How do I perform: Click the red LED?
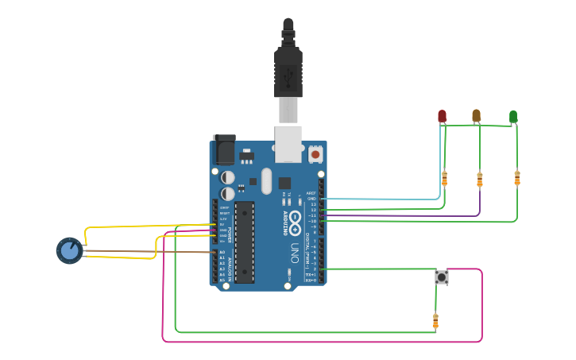(x=442, y=116)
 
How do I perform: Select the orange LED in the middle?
(x=476, y=116)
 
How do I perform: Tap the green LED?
(x=513, y=117)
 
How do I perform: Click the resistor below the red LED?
(x=444, y=179)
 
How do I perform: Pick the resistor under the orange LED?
(x=479, y=180)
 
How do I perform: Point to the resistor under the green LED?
(x=517, y=178)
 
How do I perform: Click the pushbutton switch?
(x=441, y=277)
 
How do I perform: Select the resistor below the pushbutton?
(x=435, y=321)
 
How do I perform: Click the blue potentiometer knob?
(x=70, y=250)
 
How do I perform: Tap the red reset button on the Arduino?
(x=315, y=153)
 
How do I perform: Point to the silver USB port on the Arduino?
(x=288, y=143)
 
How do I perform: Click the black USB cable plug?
(x=288, y=72)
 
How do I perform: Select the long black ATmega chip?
(x=245, y=242)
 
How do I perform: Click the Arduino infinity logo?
(x=296, y=219)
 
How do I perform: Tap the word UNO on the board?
(x=294, y=254)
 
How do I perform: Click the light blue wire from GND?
(x=381, y=199)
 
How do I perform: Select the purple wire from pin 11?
(x=397, y=215)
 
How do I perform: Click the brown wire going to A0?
(x=143, y=252)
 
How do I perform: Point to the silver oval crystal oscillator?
(x=266, y=180)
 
